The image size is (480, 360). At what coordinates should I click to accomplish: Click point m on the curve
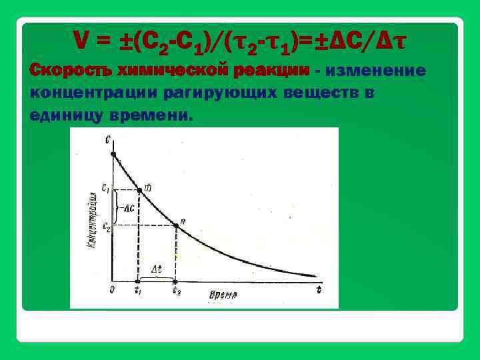point(139,191)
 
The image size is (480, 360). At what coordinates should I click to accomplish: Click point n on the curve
point(176,226)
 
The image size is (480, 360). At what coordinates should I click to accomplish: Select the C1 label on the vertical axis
point(105,189)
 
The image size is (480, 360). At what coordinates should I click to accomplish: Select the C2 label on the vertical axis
point(105,227)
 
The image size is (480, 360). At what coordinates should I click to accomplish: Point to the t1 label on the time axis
point(138,291)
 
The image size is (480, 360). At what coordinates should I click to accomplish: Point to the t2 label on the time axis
point(176,291)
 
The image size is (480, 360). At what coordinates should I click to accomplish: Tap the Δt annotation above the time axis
point(157,270)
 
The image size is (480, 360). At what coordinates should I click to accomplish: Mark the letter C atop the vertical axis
point(108,139)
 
